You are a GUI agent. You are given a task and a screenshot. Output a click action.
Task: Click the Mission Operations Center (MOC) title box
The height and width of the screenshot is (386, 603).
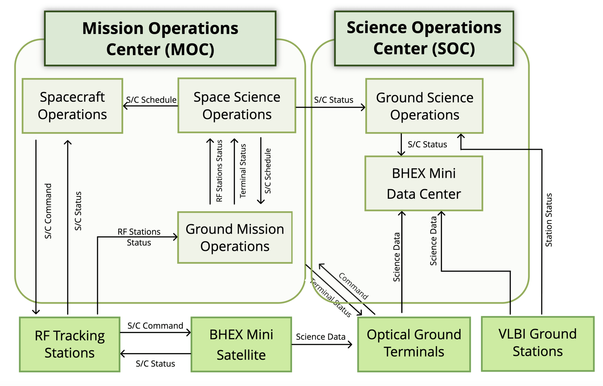click(x=160, y=39)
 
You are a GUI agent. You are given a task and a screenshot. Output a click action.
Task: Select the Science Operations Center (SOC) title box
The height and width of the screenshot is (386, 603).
click(x=424, y=39)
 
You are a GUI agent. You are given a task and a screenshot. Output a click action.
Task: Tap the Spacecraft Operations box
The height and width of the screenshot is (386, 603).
click(x=72, y=106)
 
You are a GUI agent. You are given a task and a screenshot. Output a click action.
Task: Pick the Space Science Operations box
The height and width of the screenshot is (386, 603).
click(x=237, y=106)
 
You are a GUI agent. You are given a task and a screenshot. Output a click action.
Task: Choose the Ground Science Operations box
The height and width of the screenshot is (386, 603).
click(x=424, y=106)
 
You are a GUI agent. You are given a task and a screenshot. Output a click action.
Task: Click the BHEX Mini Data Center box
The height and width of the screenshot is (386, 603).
click(x=424, y=184)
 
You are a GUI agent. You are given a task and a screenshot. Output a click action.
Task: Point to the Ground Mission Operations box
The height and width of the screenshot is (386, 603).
click(x=235, y=238)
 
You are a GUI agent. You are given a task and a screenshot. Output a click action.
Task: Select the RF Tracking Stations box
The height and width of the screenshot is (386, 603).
click(x=70, y=344)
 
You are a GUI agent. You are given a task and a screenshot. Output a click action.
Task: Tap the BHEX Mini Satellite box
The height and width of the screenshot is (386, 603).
click(x=241, y=344)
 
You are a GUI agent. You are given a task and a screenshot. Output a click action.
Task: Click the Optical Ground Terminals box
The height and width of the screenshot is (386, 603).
click(x=414, y=344)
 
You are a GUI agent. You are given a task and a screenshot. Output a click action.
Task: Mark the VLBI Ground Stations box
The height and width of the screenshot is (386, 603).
click(x=538, y=344)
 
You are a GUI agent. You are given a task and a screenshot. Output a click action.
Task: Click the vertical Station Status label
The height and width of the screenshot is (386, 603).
click(x=549, y=220)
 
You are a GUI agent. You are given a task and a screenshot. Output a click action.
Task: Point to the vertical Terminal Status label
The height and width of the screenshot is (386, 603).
click(x=243, y=171)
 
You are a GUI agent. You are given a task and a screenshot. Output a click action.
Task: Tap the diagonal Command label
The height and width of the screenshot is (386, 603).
click(x=353, y=286)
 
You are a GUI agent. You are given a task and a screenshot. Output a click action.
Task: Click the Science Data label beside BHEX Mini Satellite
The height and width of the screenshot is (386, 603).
click(x=321, y=337)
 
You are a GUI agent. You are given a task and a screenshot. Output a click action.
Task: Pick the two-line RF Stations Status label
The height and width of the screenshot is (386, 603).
click(x=139, y=237)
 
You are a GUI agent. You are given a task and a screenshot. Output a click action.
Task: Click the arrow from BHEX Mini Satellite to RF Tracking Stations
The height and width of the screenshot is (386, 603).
click(x=156, y=354)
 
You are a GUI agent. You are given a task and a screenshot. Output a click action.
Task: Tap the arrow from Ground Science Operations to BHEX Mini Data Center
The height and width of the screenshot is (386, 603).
click(x=401, y=145)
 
